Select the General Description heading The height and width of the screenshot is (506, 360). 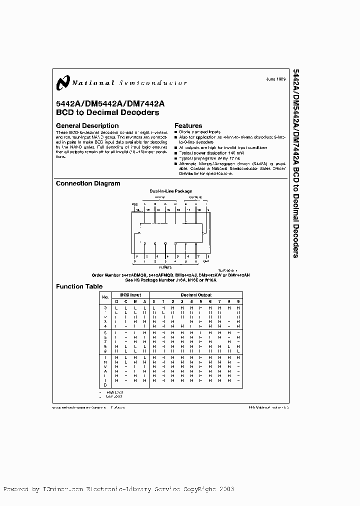[x=87, y=125]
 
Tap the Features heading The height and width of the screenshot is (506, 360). [x=188, y=125]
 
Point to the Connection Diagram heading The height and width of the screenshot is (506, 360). [x=88, y=183]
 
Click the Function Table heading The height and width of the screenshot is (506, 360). [x=79, y=286]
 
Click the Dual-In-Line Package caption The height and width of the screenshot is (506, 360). [x=170, y=191]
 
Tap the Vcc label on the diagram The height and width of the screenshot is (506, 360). [x=134, y=204]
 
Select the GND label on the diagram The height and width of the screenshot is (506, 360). [x=206, y=261]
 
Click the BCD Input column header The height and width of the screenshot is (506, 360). [x=130, y=295]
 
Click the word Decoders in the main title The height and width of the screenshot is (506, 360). [x=141, y=112]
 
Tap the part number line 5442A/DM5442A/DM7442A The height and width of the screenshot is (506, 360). [x=110, y=104]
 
